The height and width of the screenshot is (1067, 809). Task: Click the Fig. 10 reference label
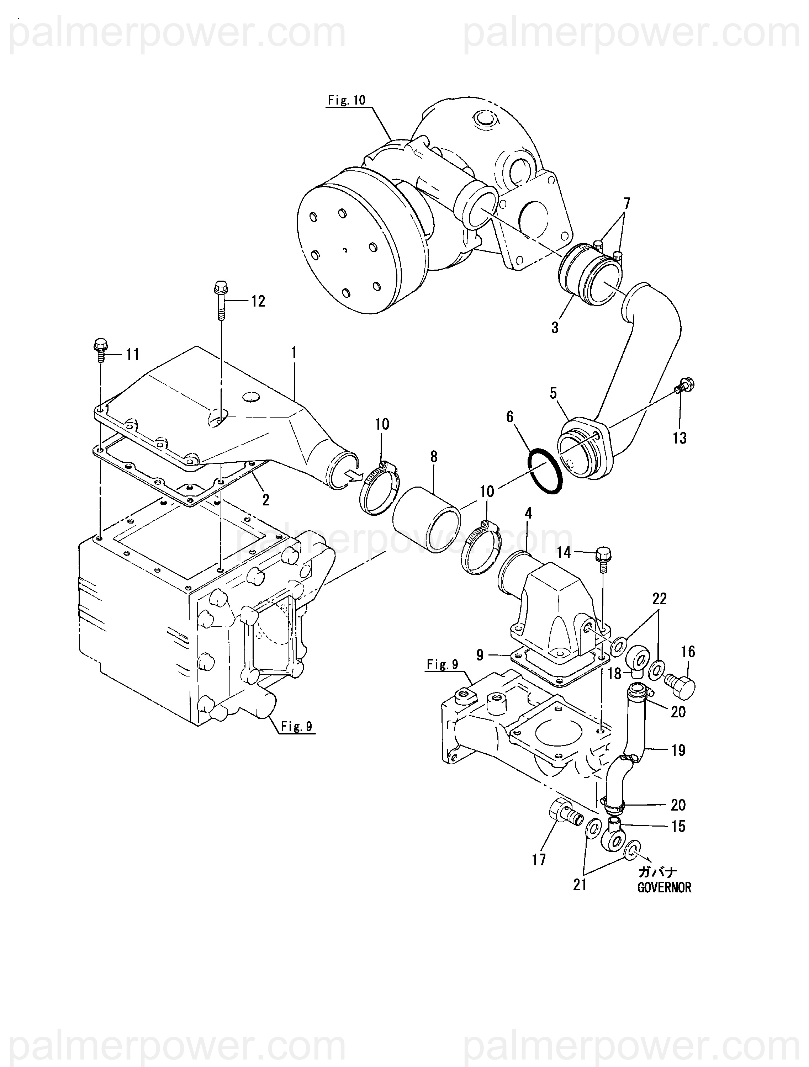tap(347, 100)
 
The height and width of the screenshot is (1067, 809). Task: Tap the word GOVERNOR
tap(664, 887)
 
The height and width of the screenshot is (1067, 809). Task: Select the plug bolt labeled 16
tap(680, 681)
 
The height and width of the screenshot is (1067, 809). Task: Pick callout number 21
tap(580, 885)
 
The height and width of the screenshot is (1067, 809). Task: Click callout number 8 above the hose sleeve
tap(434, 456)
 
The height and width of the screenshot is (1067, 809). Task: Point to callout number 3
tap(555, 328)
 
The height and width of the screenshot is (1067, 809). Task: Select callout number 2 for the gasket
tap(265, 500)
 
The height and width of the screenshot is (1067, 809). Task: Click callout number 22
tap(659, 599)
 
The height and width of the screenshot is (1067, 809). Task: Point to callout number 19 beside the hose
tap(678, 750)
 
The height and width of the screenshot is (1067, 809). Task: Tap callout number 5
tap(553, 393)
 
